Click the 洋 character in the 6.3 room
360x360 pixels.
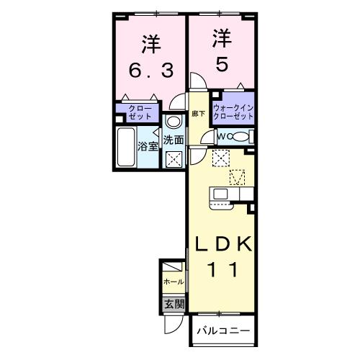(x=150, y=45)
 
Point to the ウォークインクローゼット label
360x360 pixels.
(x=233, y=112)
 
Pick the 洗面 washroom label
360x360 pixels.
(x=172, y=140)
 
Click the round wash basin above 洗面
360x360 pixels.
(x=171, y=122)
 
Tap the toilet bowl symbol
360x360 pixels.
(x=240, y=137)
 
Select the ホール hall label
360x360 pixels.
(x=173, y=282)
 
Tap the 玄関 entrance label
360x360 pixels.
(x=174, y=304)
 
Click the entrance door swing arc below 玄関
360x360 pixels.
(x=173, y=323)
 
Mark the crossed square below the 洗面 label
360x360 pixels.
(x=173, y=158)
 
